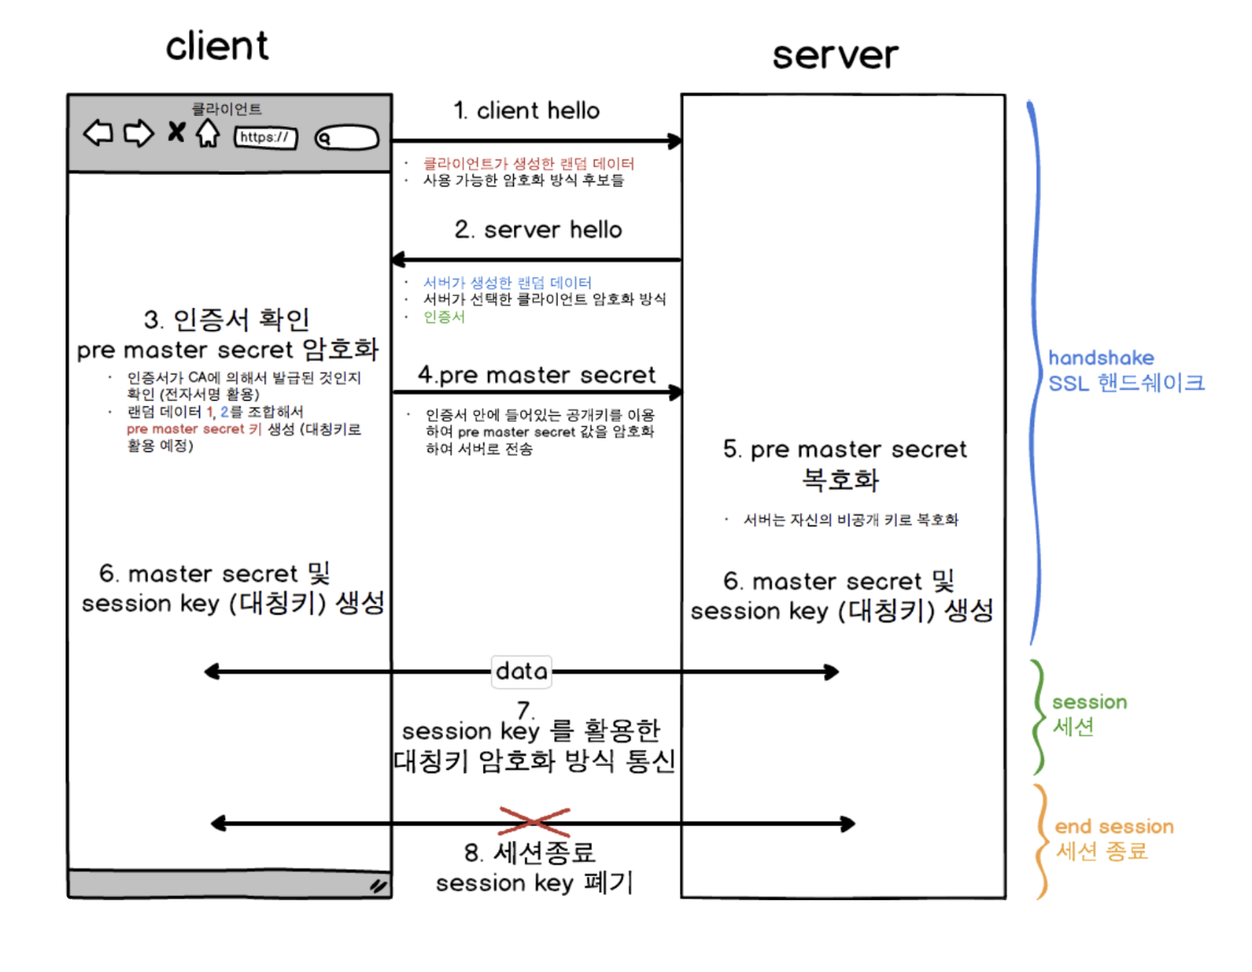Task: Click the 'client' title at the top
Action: (x=217, y=46)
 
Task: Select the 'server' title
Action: (x=834, y=56)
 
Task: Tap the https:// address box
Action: (x=265, y=137)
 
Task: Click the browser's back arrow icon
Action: (x=99, y=134)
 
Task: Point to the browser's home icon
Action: (x=208, y=134)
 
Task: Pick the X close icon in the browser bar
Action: (x=177, y=133)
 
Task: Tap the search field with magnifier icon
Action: (x=347, y=138)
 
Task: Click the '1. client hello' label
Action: (x=526, y=111)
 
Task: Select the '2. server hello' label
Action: (x=537, y=230)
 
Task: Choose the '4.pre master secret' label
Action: (x=536, y=375)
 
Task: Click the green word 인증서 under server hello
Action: (x=444, y=317)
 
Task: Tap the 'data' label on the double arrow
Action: (x=521, y=671)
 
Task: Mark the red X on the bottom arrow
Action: (x=534, y=820)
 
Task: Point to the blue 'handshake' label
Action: (x=1100, y=358)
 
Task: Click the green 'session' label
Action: (x=1089, y=702)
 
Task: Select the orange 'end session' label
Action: (x=1114, y=827)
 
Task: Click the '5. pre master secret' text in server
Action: (x=845, y=449)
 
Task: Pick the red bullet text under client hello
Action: (x=528, y=163)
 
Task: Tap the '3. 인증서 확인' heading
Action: (x=227, y=319)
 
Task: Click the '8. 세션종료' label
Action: (x=530, y=852)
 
